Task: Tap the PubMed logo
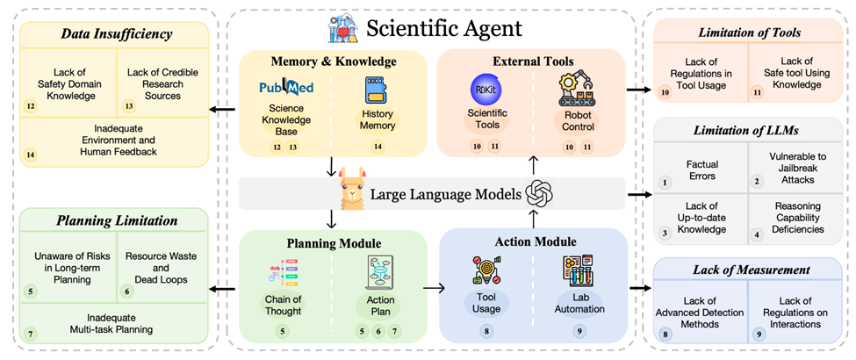pos(286,89)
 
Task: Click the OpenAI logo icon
pos(538,194)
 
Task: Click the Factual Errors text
pos(701,169)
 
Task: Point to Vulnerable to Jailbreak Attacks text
pos(793,169)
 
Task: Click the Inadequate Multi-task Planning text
pos(117,322)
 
